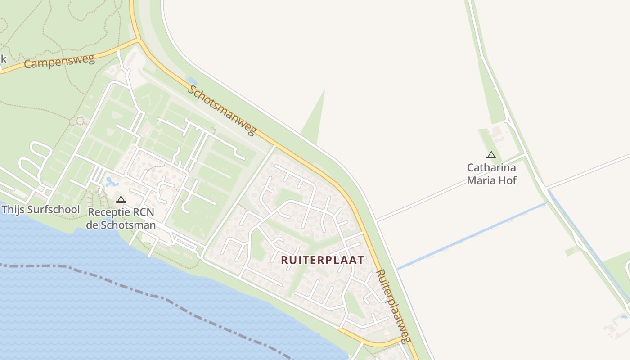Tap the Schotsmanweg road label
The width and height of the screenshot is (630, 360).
pyautogui.click(x=222, y=109)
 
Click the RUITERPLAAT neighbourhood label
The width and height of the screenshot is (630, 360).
pyautogui.click(x=322, y=260)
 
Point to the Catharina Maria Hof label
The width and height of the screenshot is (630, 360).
pyautogui.click(x=491, y=174)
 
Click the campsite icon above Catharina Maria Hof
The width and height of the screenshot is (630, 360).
pyautogui.click(x=491, y=155)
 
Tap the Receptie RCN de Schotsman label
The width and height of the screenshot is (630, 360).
pyautogui.click(x=121, y=218)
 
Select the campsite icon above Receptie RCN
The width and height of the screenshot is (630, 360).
pyautogui.click(x=121, y=199)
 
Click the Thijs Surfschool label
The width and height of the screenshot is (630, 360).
pyautogui.click(x=40, y=210)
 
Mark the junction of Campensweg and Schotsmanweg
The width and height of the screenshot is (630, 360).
pyautogui.click(x=138, y=40)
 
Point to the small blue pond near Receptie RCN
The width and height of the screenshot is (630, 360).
pyautogui.click(x=110, y=182)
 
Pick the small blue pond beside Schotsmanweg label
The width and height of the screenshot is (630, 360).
pyautogui.click(x=192, y=81)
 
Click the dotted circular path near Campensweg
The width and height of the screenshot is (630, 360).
pyautogui.click(x=80, y=121)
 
